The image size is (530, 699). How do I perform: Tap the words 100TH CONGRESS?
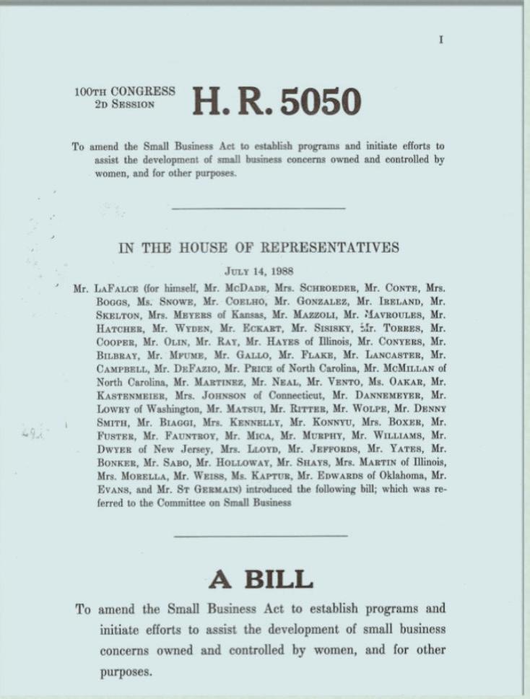click(124, 92)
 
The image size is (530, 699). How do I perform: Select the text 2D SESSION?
click(124, 104)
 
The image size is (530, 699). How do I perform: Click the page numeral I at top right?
click(440, 40)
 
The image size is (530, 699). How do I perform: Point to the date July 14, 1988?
click(259, 272)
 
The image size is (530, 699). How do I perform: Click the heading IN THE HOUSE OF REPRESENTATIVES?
click(259, 248)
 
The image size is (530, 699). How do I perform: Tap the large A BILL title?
click(261, 578)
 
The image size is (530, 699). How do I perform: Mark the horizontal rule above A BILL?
click(261, 536)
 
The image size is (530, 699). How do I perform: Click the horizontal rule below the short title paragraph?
click(259, 209)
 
